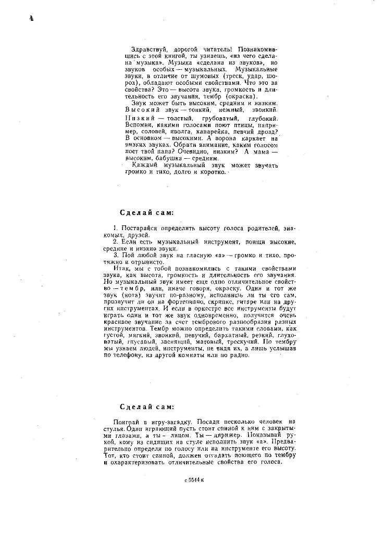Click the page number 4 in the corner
coord(31,19)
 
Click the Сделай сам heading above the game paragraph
coord(147,407)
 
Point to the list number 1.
coord(115,229)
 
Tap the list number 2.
coord(115,242)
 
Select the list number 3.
coord(115,256)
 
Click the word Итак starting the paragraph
coord(121,268)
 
